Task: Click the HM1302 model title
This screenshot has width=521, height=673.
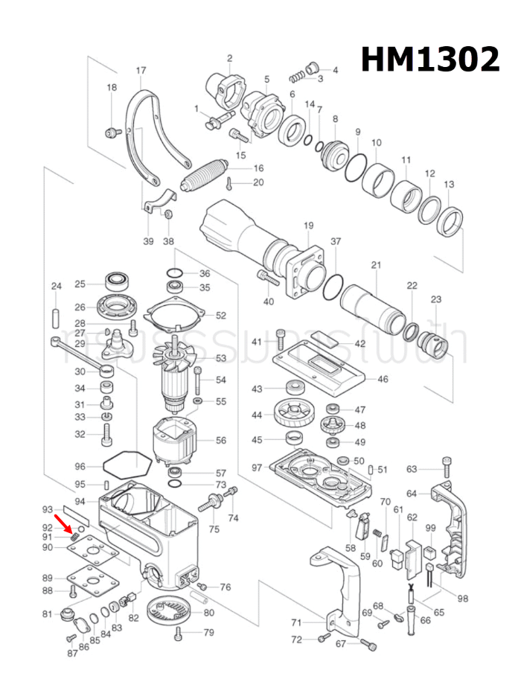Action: (430, 60)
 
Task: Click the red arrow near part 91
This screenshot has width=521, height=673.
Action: (74, 531)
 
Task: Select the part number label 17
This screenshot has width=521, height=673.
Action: (141, 71)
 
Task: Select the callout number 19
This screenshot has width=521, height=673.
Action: (308, 226)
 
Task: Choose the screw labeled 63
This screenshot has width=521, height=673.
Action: (446, 468)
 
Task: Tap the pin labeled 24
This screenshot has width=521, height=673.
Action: (56, 313)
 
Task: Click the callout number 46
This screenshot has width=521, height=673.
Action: (383, 379)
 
